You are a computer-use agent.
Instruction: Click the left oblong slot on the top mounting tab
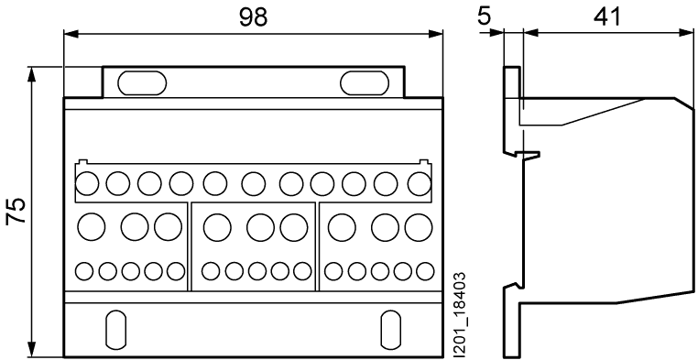(142, 82)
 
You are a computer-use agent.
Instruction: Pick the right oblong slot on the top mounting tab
(363, 82)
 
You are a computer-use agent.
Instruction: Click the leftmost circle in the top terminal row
(88, 183)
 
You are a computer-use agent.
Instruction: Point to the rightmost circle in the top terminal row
(420, 183)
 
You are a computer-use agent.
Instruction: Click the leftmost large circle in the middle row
(93, 225)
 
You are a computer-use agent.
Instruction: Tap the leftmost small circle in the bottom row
(85, 271)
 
